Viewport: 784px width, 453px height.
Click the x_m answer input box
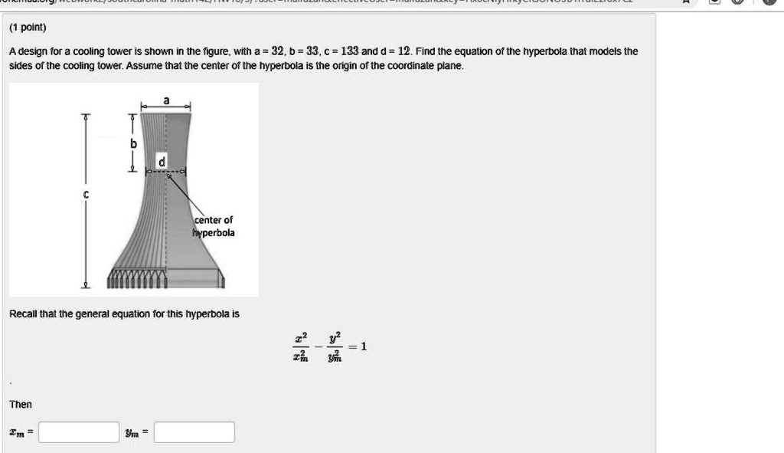(79, 433)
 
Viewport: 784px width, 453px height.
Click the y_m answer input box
(194, 433)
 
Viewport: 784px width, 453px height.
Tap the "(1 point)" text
(28, 28)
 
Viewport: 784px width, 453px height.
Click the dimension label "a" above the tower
(165, 99)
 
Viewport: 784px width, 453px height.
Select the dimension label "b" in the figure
(133, 143)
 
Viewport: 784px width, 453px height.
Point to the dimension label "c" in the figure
(86, 195)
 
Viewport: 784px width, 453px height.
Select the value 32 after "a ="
(279, 52)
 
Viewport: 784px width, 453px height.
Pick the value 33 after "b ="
(313, 52)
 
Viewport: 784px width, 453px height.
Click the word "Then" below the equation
(21, 404)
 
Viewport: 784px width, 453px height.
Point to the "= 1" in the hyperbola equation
(359, 346)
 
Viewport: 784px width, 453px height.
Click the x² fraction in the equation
(300, 346)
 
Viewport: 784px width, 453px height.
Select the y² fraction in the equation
(333, 346)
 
